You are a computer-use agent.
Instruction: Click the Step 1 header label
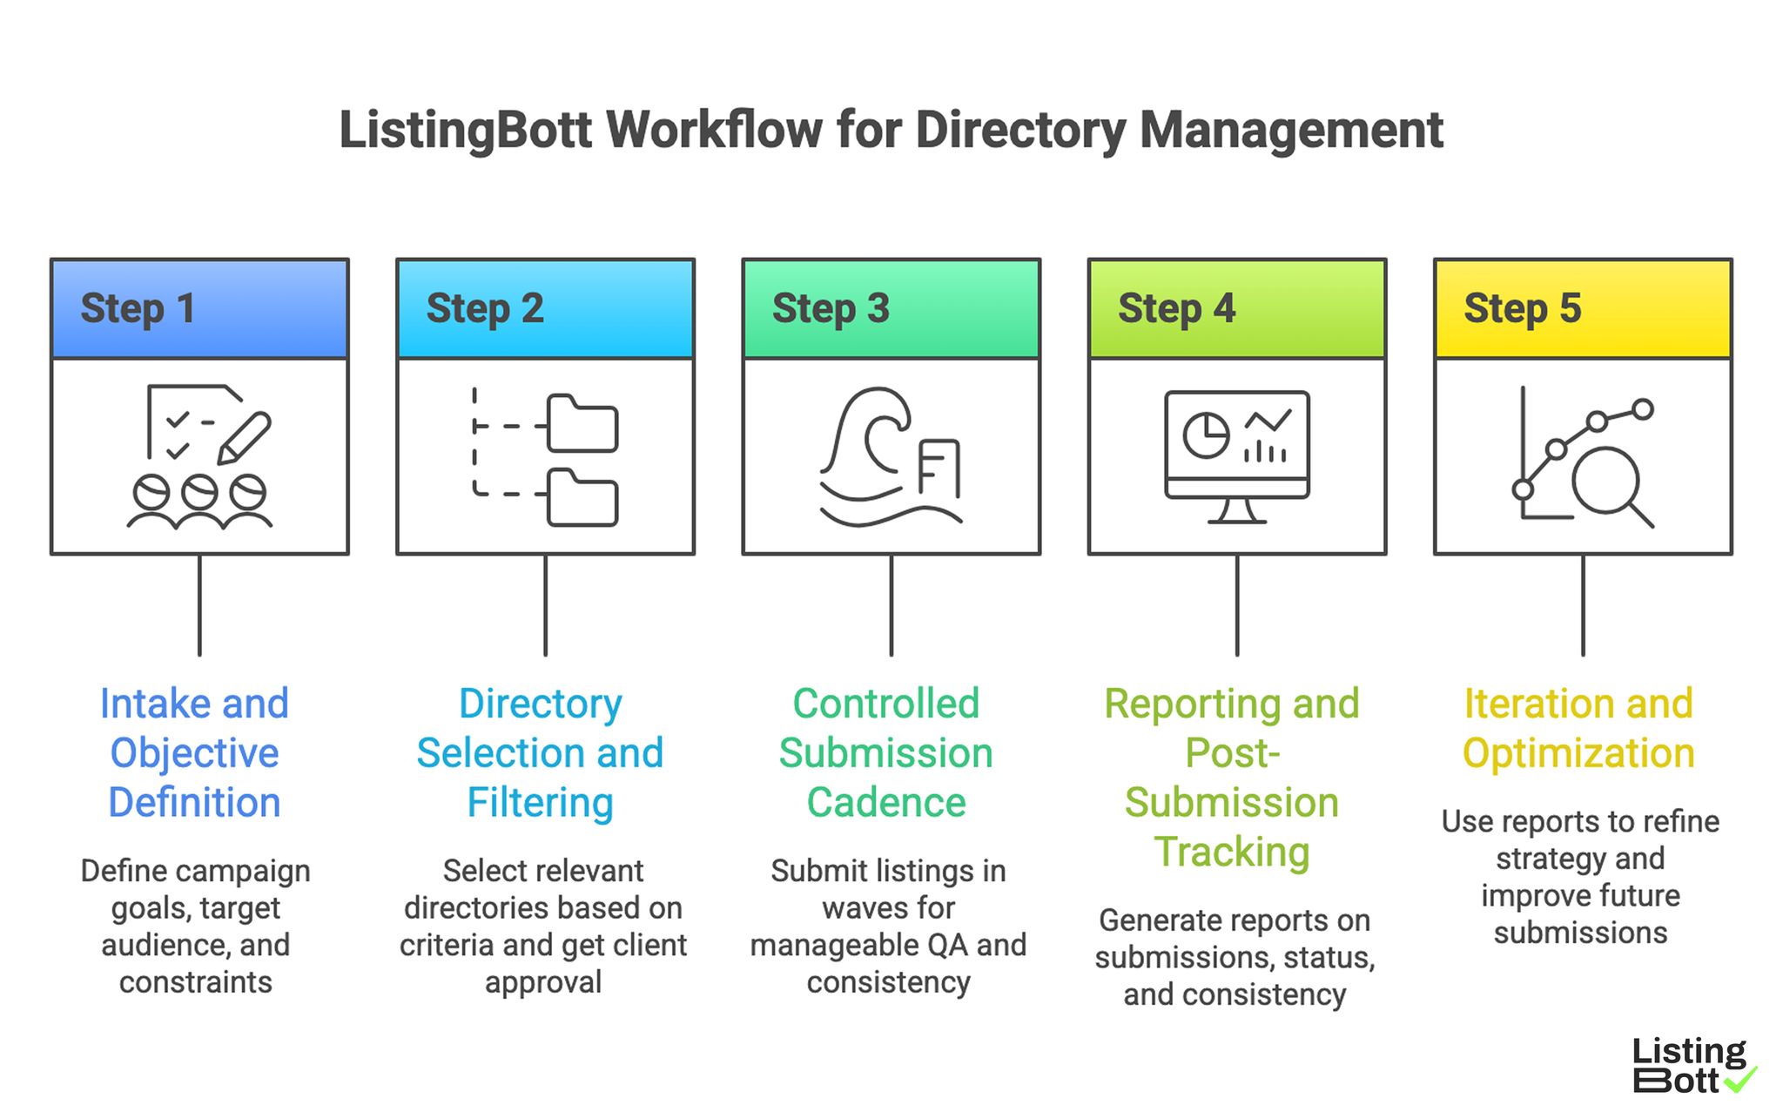(x=138, y=308)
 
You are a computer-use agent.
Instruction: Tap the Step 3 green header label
(x=831, y=308)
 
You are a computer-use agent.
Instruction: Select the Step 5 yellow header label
(x=1522, y=308)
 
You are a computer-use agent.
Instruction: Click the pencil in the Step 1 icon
(x=245, y=437)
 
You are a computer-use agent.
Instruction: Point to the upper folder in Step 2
(x=582, y=424)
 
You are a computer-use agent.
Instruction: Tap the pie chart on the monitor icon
(x=1206, y=435)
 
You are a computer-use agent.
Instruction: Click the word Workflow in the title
(x=714, y=131)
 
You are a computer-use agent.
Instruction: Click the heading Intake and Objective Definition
(x=194, y=752)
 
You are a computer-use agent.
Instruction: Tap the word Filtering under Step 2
(x=540, y=802)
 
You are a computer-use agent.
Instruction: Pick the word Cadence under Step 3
(x=886, y=802)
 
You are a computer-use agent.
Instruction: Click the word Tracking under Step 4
(x=1232, y=851)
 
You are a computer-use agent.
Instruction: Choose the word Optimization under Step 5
(x=1578, y=753)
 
